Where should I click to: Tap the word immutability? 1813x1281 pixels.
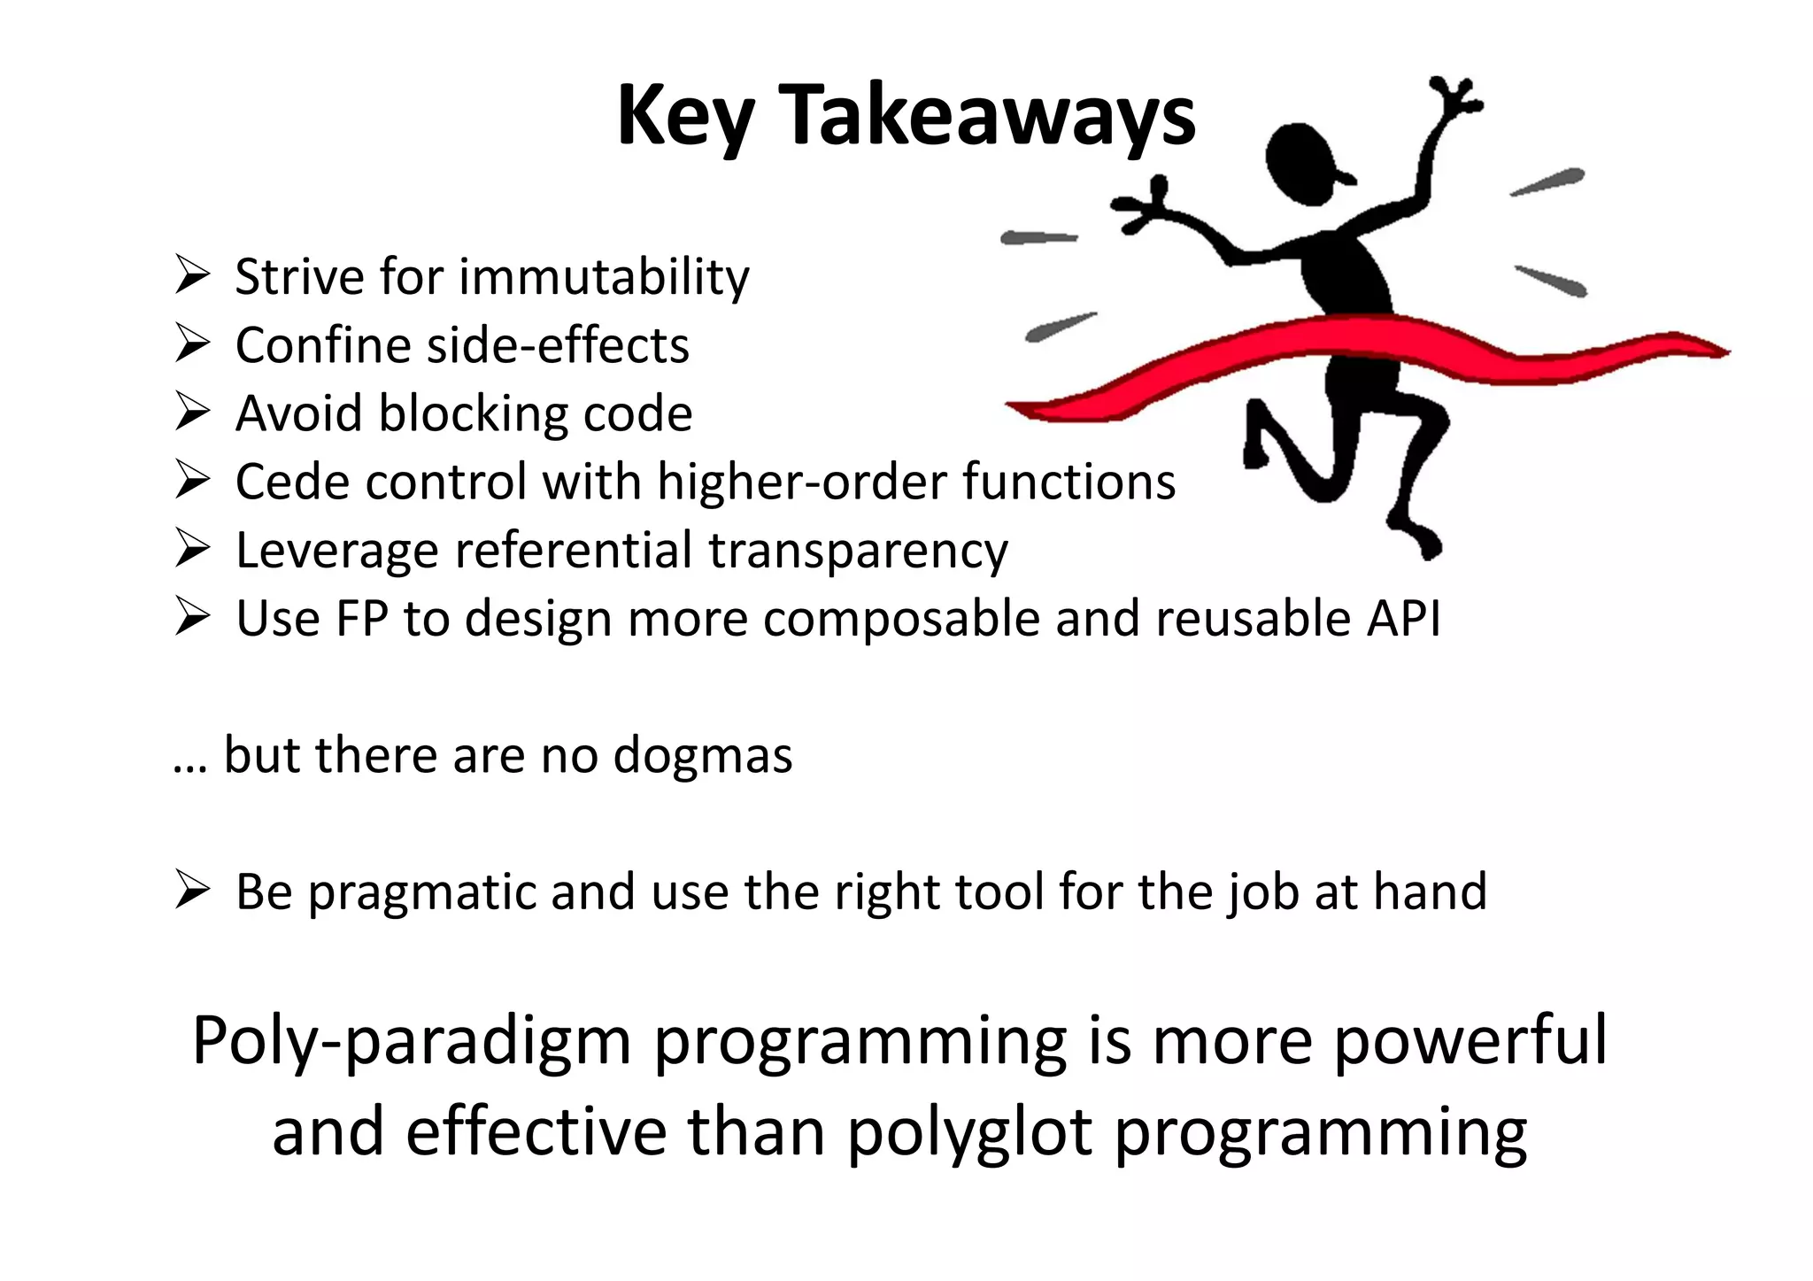coord(604,277)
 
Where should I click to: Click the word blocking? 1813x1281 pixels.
coord(474,413)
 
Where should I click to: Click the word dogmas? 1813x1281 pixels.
coord(703,756)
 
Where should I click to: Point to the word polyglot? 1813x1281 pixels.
coord(970,1134)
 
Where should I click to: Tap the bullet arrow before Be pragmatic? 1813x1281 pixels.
coord(191,890)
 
